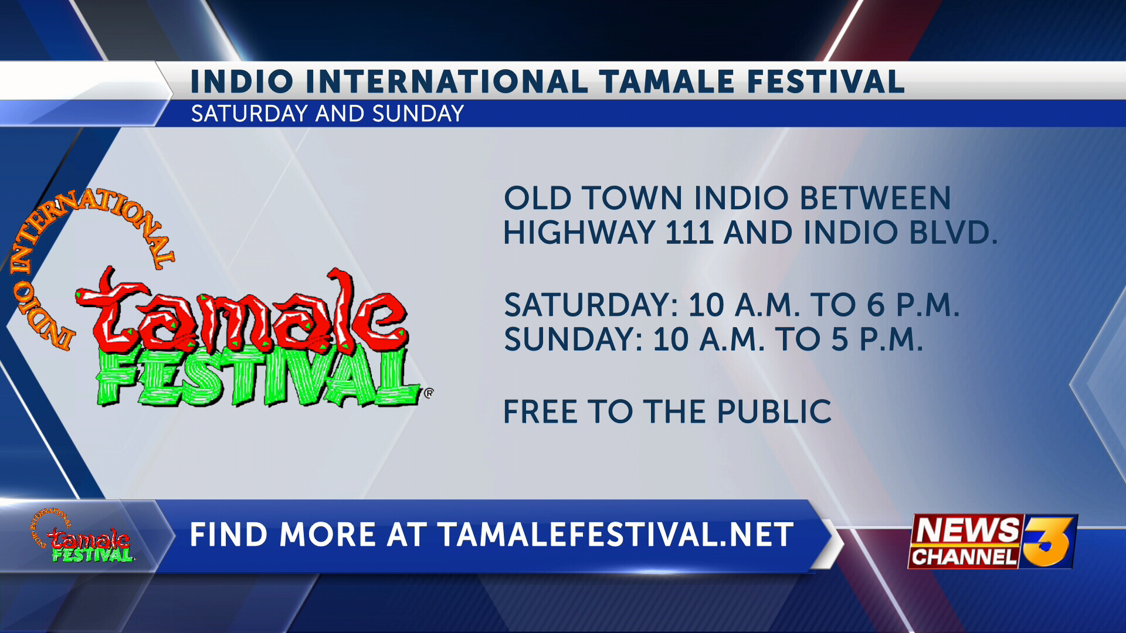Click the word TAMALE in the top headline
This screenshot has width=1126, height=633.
click(667, 81)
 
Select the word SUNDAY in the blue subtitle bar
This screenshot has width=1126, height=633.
click(418, 114)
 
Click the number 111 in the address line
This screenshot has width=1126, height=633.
click(689, 233)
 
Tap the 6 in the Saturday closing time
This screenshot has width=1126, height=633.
click(876, 305)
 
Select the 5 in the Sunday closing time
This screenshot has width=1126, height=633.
click(840, 339)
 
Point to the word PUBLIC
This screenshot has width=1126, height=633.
click(774, 411)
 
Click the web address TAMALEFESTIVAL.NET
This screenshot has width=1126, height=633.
click(615, 535)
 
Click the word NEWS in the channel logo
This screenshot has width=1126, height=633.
click(968, 530)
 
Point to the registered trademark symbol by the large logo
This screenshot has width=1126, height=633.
click(429, 393)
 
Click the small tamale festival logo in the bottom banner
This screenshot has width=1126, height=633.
click(82, 536)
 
